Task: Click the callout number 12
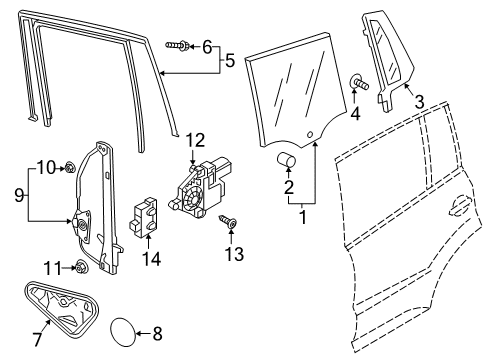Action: click(195, 140)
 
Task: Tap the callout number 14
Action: click(152, 258)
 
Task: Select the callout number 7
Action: click(37, 339)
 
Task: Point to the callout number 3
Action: click(419, 102)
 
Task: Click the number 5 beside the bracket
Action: click(230, 60)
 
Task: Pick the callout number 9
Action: click(19, 195)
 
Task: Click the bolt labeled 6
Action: click(178, 45)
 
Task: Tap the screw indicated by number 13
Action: click(228, 221)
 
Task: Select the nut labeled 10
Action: click(70, 167)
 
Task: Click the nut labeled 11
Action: click(81, 266)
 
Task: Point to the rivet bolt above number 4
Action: click(360, 82)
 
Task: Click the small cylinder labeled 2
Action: click(286, 159)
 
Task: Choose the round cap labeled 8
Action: click(123, 332)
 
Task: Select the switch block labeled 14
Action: click(143, 217)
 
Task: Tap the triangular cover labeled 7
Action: click(61, 308)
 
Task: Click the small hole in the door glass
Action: click(309, 134)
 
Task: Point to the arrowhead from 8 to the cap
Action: click(138, 333)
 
